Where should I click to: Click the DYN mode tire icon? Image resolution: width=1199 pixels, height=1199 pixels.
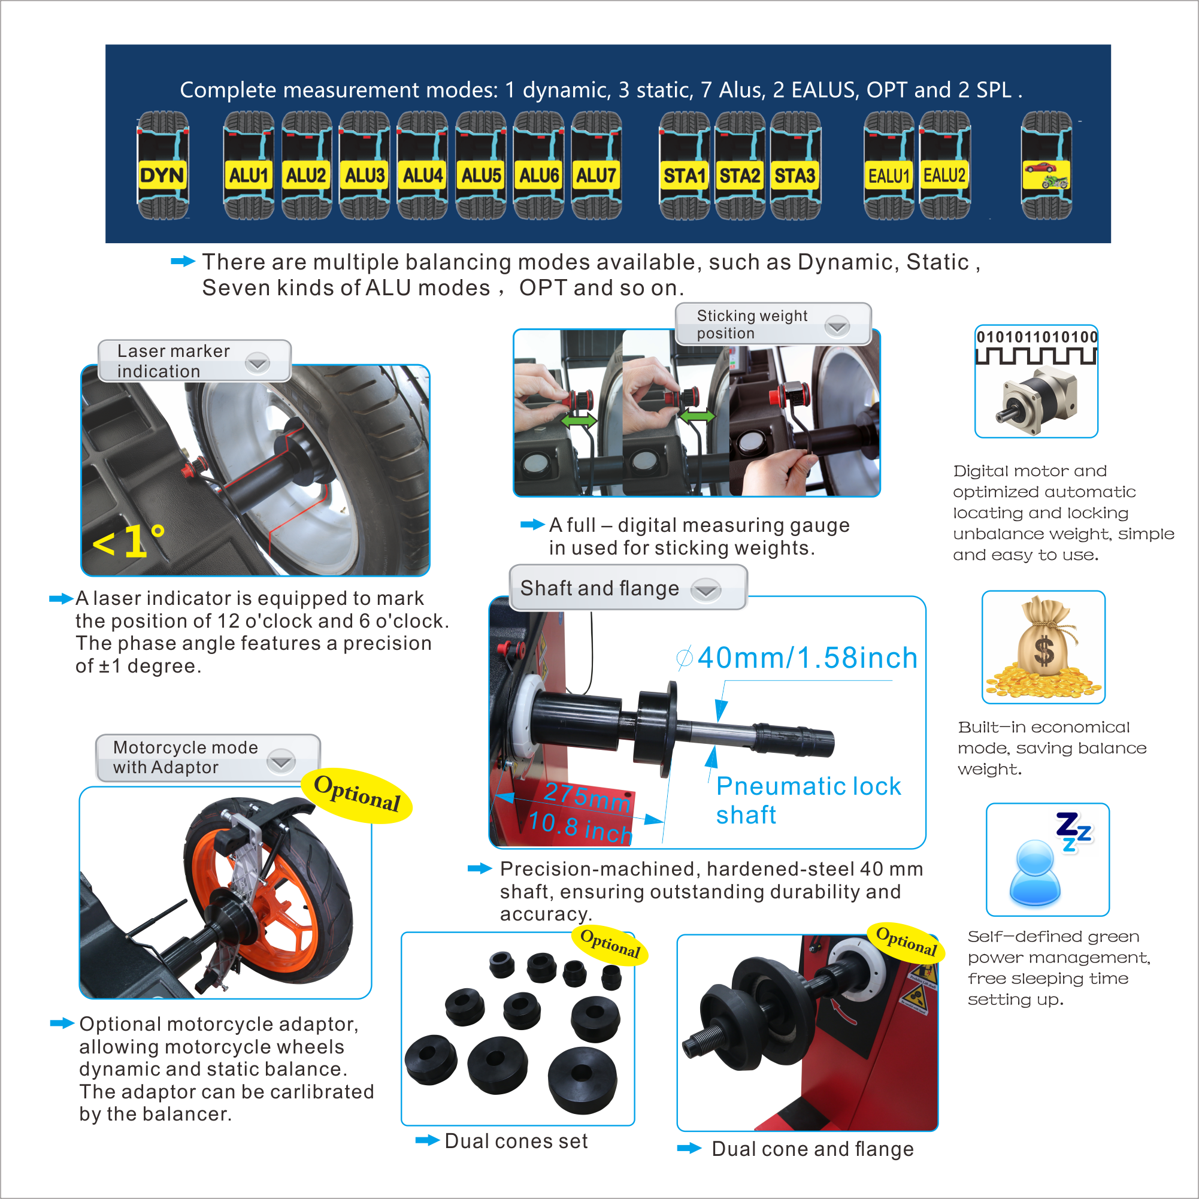(x=162, y=166)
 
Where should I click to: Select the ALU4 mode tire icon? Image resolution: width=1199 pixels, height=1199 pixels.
(x=423, y=166)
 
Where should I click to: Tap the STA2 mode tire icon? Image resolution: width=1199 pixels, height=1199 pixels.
(x=740, y=166)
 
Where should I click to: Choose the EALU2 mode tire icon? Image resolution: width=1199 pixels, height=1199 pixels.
(x=944, y=166)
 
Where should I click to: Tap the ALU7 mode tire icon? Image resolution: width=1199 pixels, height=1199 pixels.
(x=597, y=166)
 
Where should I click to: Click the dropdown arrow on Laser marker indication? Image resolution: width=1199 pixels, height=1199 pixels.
(x=258, y=362)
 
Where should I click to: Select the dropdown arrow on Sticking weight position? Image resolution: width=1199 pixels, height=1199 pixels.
(x=838, y=325)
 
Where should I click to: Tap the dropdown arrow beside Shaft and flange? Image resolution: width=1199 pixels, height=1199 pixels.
(x=706, y=589)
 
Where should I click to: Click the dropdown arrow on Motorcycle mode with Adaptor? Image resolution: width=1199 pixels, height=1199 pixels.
(x=281, y=761)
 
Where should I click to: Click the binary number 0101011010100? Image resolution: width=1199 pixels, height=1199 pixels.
(x=1037, y=337)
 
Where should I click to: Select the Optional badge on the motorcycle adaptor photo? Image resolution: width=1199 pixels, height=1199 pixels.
(x=357, y=794)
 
